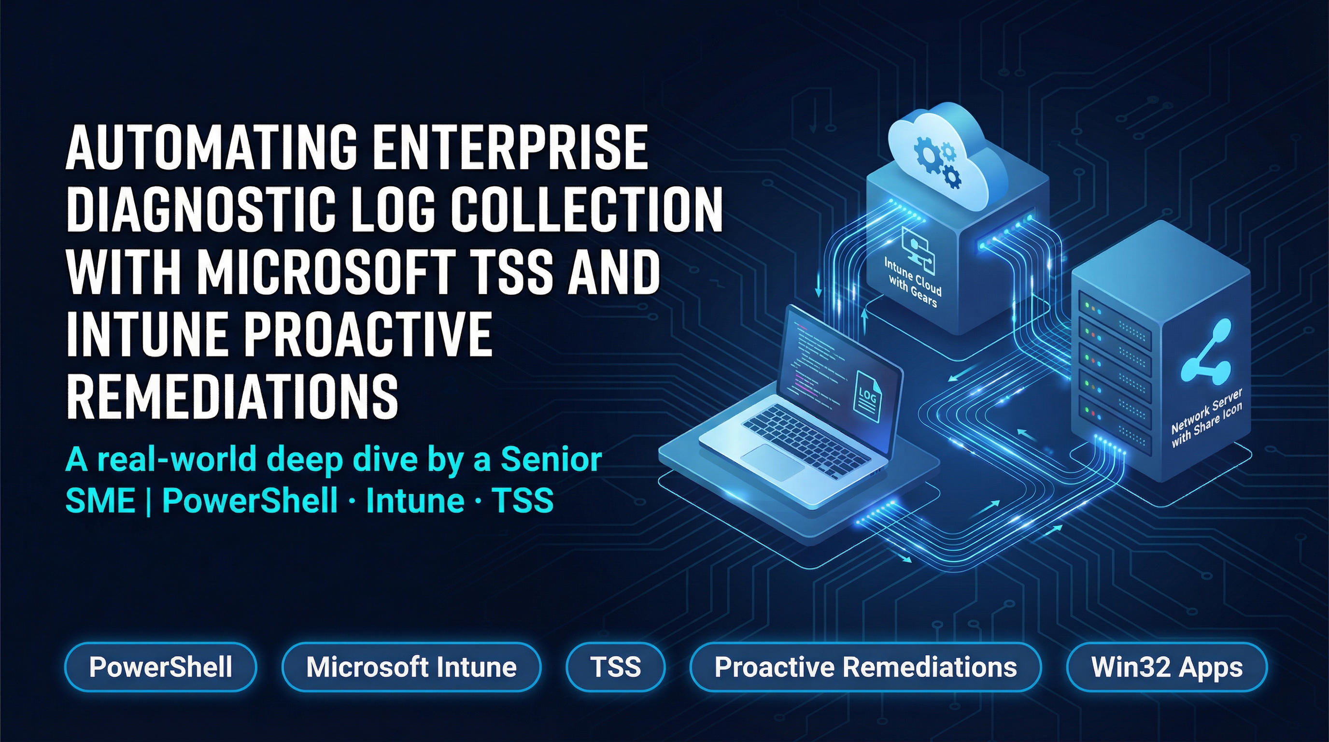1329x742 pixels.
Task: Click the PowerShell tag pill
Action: (160, 667)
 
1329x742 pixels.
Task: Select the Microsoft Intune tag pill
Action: (411, 667)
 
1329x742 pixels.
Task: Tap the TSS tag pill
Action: (616, 667)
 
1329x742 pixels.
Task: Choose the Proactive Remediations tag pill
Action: (865, 667)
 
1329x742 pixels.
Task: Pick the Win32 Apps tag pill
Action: (1166, 667)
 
